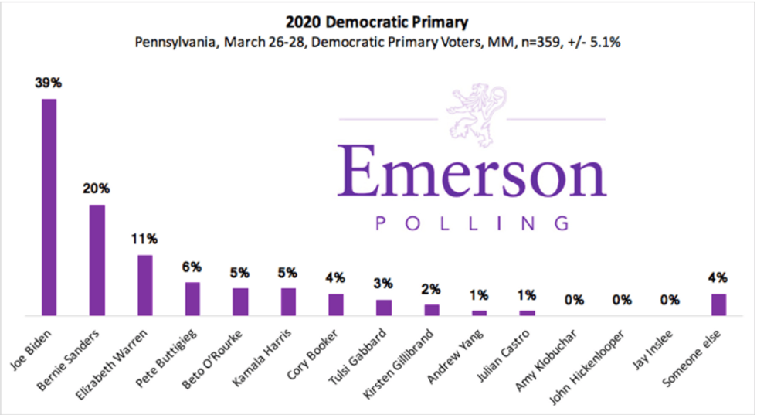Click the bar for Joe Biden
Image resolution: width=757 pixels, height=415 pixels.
(x=49, y=207)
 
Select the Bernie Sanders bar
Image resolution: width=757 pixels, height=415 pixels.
(x=97, y=260)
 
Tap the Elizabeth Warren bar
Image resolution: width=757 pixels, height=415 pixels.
(x=144, y=285)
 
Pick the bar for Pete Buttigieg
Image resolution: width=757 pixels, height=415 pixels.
(x=192, y=298)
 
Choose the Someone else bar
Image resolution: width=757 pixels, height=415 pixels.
(x=718, y=304)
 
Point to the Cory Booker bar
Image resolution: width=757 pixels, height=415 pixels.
(x=335, y=304)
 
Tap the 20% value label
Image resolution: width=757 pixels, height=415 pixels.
(x=97, y=189)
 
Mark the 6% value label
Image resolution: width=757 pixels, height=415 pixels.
(x=192, y=267)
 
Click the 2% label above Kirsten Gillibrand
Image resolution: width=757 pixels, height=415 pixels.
(x=431, y=289)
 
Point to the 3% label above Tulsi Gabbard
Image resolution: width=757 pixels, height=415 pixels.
(x=383, y=284)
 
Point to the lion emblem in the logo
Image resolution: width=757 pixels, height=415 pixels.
(x=471, y=114)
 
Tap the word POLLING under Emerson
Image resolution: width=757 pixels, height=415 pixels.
(x=472, y=224)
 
